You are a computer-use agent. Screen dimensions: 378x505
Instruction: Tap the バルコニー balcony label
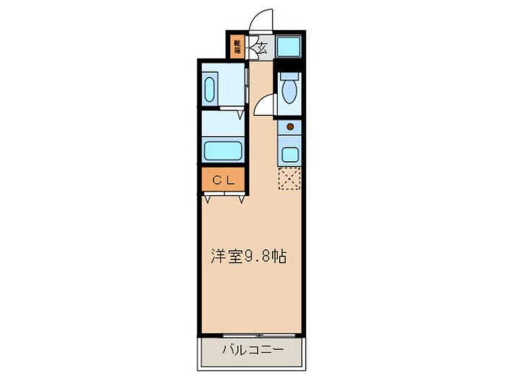(x=252, y=349)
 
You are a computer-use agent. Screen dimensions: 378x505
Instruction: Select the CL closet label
(x=223, y=181)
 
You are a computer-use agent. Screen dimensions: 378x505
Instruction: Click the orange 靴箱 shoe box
(x=237, y=48)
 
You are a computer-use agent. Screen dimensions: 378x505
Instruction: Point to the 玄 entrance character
(x=261, y=48)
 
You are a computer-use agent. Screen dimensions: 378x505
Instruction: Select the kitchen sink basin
(x=290, y=153)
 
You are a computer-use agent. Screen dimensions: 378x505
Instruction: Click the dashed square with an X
(x=290, y=178)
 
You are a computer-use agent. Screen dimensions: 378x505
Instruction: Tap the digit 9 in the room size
(x=247, y=257)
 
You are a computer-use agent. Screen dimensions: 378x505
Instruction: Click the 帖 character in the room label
(x=278, y=256)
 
